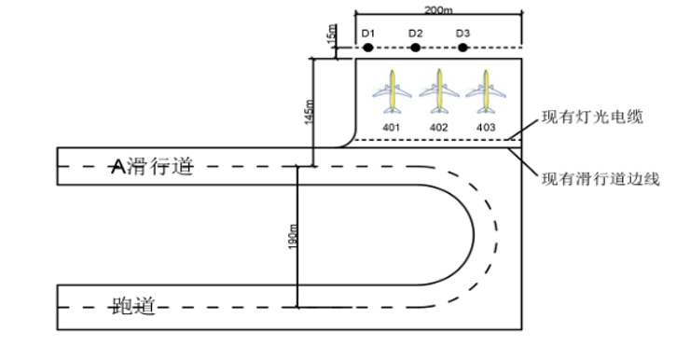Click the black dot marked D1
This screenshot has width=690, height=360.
tap(368, 48)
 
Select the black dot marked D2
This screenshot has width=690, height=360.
tap(416, 48)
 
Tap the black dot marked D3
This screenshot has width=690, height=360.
tap(462, 48)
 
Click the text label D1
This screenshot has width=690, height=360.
tap(368, 34)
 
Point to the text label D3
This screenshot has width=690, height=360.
tap(462, 34)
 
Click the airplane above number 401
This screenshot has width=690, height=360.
tap(392, 91)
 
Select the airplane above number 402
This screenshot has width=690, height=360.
tap(439, 91)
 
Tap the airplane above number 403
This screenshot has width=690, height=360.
tap(486, 91)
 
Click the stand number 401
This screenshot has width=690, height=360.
tap(392, 128)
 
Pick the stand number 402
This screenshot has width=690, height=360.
tap(439, 128)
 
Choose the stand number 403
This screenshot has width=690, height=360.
tap(486, 128)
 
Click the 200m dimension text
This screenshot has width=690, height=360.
tap(438, 9)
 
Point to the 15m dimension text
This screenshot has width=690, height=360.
tap(332, 35)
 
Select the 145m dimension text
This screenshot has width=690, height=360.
tap(310, 112)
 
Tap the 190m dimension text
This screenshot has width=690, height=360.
tap(293, 237)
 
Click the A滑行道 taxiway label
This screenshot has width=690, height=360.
tap(152, 167)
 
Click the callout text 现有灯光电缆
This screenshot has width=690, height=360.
tap(592, 118)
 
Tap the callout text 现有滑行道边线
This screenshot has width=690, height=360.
tap(600, 179)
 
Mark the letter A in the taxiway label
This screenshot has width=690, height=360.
tap(117, 167)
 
